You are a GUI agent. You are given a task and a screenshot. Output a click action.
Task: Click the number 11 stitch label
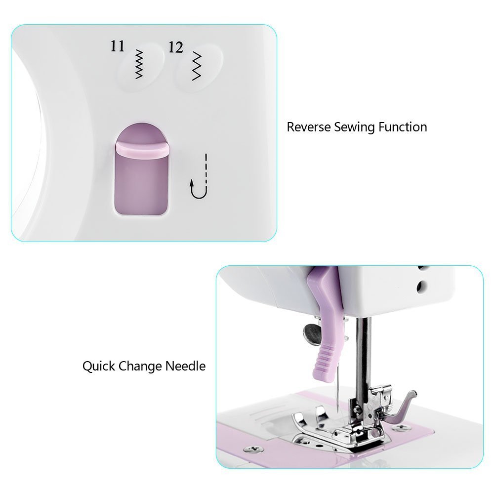pyautogui.click(x=118, y=46)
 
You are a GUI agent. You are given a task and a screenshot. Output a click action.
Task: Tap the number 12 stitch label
pyautogui.click(x=176, y=47)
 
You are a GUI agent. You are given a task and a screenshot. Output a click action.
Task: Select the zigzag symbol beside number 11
pyautogui.click(x=139, y=64)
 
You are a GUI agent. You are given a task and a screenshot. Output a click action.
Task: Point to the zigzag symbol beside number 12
pyautogui.click(x=198, y=65)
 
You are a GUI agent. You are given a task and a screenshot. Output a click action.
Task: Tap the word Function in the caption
pyautogui.click(x=403, y=127)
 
